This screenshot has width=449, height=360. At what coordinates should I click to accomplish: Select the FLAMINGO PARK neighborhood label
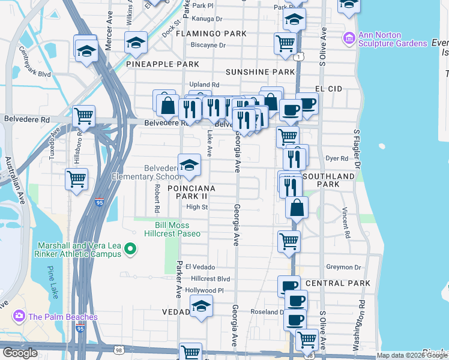(x=211, y=34)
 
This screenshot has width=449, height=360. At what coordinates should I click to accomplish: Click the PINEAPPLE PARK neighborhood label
(x=163, y=64)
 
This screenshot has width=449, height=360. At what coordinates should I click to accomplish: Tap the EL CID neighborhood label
(x=328, y=88)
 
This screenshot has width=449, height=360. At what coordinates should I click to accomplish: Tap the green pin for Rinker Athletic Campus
(x=133, y=247)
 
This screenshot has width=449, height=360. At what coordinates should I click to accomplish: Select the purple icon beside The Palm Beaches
(x=19, y=316)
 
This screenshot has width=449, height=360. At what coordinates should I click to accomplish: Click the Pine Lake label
(x=53, y=281)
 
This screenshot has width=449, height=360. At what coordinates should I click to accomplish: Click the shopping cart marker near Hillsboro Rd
(x=83, y=115)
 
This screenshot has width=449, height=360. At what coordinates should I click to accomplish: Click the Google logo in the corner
(x=19, y=353)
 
